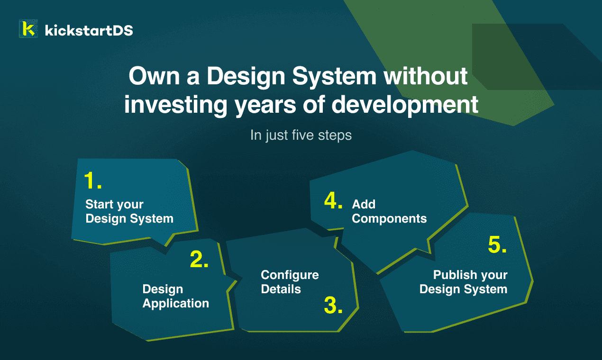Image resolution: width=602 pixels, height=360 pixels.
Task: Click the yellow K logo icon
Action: click(x=28, y=28)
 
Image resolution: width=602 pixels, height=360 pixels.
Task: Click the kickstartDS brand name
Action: click(x=89, y=30)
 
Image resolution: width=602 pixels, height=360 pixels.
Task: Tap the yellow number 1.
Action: click(x=93, y=180)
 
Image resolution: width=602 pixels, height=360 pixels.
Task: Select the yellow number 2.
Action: click(x=199, y=259)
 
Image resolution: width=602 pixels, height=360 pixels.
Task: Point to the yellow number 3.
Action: click(x=333, y=305)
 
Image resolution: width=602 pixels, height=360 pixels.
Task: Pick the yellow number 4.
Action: click(x=333, y=200)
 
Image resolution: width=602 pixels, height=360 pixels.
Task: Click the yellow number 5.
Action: click(x=497, y=245)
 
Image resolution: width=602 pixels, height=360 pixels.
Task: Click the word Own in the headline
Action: click(x=154, y=76)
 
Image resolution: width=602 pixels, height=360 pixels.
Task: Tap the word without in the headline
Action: click(x=426, y=76)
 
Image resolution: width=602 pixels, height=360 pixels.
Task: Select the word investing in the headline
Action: click(x=176, y=105)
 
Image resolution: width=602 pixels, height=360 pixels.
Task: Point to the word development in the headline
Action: click(x=405, y=105)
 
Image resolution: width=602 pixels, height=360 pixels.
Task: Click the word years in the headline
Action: click(x=265, y=106)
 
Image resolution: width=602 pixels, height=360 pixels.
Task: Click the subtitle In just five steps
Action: click(x=301, y=135)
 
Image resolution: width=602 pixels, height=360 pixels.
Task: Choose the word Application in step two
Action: click(x=176, y=304)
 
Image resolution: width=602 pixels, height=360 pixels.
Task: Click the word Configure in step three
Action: click(x=290, y=275)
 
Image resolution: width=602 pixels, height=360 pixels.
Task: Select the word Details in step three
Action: click(x=281, y=289)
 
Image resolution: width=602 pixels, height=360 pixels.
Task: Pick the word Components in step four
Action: click(x=389, y=219)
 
